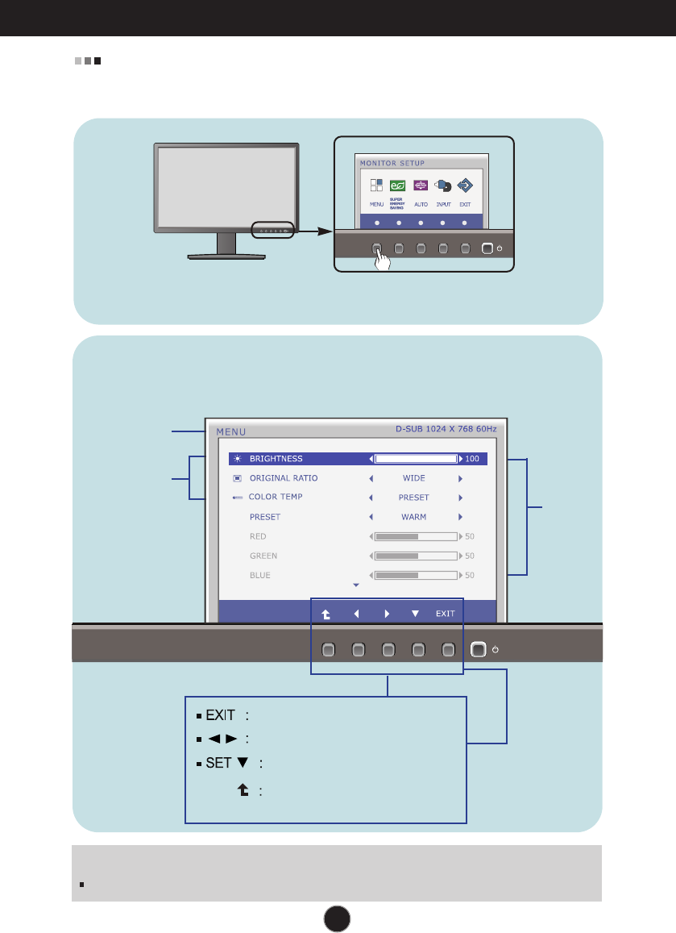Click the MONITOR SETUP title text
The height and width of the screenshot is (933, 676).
pos(392,162)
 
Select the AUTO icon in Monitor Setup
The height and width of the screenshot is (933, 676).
pos(421,185)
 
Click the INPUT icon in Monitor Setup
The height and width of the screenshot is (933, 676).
pos(442,185)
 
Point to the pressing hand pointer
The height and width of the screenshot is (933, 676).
pos(384,260)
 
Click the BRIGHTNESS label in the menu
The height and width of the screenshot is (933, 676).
pos(276,459)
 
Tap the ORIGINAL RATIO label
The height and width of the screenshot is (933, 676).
pos(283,478)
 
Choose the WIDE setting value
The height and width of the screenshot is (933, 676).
pos(414,478)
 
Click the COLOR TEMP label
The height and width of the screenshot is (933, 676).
pos(276,497)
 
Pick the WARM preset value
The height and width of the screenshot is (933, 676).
pos(414,517)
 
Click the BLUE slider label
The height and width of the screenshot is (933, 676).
pos(259,575)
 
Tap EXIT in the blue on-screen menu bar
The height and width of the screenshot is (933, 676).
pos(446,614)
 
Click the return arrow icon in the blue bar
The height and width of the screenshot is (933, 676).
pos(326,614)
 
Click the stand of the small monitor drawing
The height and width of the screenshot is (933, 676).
pos(226,244)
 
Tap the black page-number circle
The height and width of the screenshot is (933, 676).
pos(338,917)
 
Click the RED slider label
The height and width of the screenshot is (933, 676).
pos(258,536)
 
